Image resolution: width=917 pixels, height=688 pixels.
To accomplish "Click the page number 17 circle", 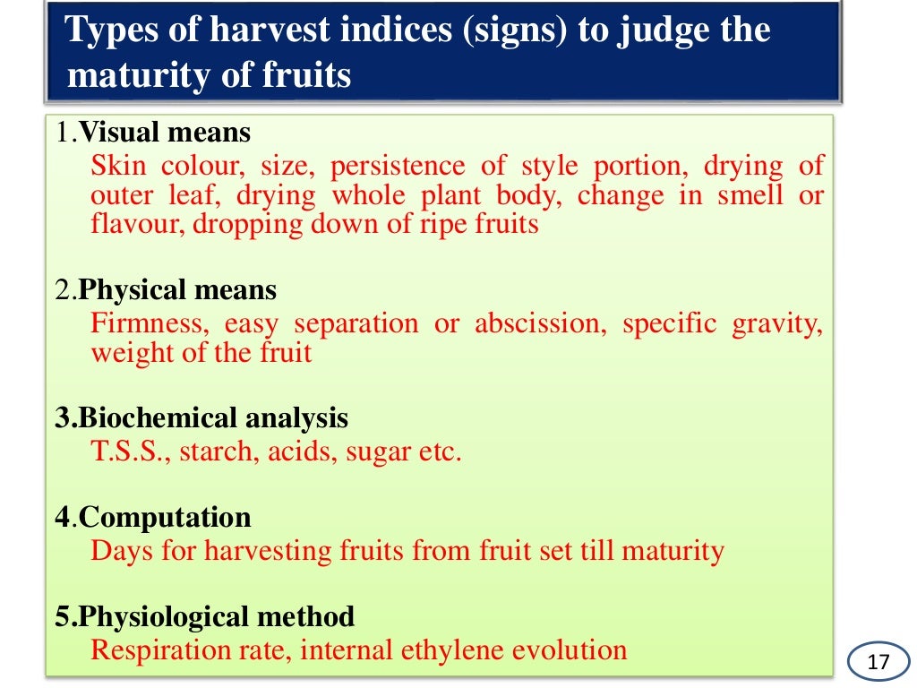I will tap(878, 663).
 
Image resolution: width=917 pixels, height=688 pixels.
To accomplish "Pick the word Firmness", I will tap(147, 322).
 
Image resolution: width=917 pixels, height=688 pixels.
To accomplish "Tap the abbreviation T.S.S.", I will tap(130, 451).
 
